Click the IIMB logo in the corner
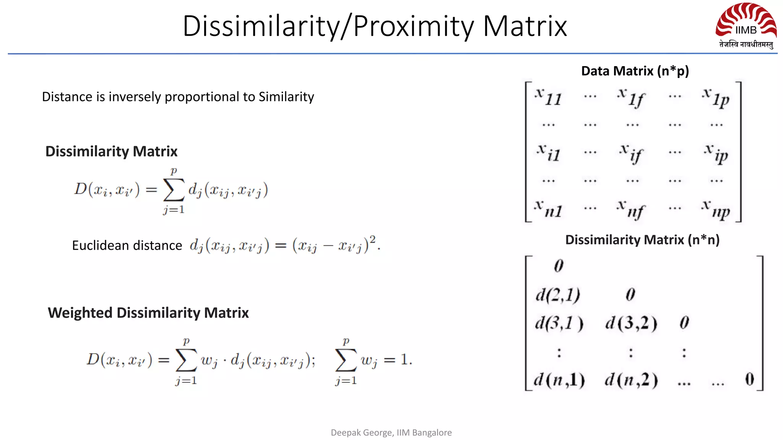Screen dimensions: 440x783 (746, 25)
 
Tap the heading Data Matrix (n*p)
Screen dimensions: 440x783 (635, 71)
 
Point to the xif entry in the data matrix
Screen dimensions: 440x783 (632, 153)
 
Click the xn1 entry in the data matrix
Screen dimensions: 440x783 (548, 209)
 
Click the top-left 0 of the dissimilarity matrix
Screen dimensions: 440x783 (559, 266)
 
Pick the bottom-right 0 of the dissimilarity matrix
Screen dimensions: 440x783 (749, 379)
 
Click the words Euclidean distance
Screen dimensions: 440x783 (127, 245)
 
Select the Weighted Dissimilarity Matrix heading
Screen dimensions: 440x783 (148, 313)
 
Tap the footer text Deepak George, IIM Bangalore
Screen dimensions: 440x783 (391, 432)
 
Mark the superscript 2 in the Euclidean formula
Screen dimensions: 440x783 (372, 239)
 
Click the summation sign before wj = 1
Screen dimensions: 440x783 (346, 360)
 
